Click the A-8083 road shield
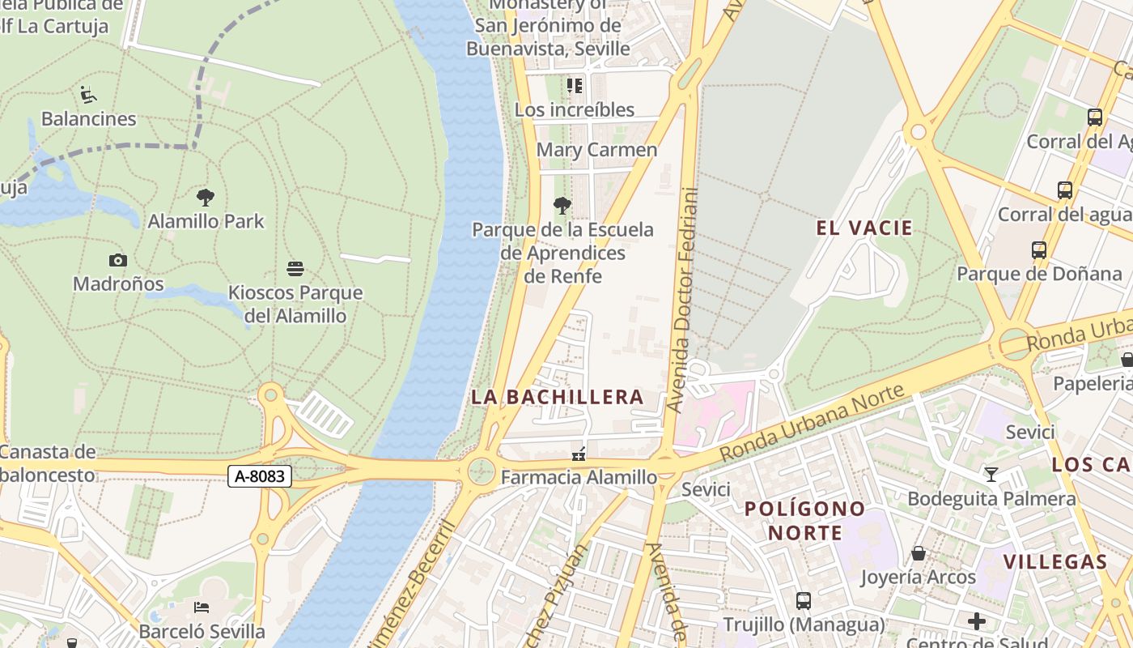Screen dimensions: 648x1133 click(259, 476)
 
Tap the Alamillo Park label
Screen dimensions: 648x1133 click(206, 221)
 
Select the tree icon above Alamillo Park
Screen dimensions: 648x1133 click(206, 197)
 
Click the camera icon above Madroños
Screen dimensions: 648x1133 click(118, 260)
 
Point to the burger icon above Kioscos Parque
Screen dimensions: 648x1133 click(295, 268)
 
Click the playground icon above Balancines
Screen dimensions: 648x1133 click(88, 95)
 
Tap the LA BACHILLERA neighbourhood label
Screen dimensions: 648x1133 click(558, 397)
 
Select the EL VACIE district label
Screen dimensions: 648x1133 click(864, 228)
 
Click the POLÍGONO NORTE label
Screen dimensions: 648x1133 click(805, 521)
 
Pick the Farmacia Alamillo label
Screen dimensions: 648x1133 click(579, 478)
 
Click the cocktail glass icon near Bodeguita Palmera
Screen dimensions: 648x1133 click(991, 474)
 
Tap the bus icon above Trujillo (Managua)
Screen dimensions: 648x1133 click(804, 600)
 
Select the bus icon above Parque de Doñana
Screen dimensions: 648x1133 click(1039, 250)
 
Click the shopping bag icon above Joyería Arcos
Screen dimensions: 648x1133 click(919, 553)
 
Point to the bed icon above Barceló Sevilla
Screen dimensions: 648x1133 click(202, 607)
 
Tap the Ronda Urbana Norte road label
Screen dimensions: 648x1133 click(811, 424)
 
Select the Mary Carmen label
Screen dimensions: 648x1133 click(597, 150)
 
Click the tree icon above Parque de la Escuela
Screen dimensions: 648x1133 click(562, 206)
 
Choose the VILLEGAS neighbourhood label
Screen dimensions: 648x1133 click(1055, 562)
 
